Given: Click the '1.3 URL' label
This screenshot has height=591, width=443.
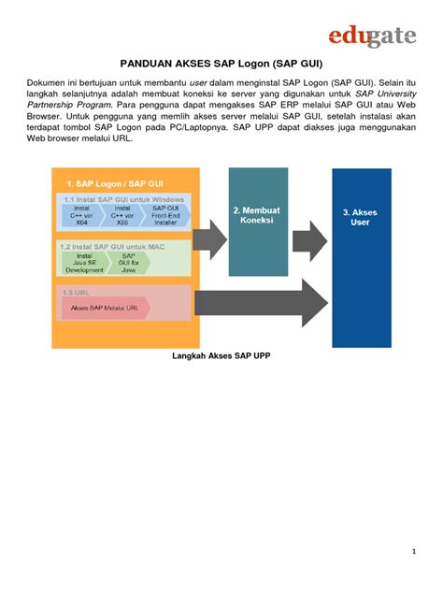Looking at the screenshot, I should (75, 292).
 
